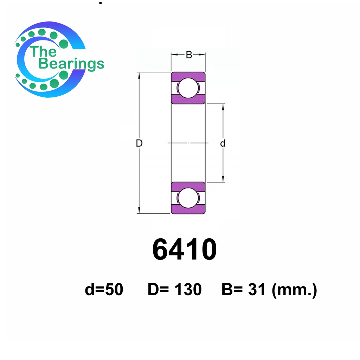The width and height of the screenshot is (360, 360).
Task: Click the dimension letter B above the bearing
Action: click(x=189, y=55)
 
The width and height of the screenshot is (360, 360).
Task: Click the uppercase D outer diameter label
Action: click(x=139, y=143)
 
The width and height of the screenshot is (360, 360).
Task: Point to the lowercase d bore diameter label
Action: click(x=223, y=143)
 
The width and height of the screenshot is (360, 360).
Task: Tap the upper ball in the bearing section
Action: click(x=188, y=88)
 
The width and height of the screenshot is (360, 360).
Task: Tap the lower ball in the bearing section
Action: click(x=188, y=198)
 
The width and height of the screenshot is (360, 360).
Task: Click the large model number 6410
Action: click(x=184, y=249)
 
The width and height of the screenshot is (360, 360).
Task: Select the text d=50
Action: click(x=104, y=289)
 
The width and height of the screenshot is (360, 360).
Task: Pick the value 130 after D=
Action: click(x=188, y=289)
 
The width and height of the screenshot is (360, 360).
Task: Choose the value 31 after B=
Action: click(x=257, y=289)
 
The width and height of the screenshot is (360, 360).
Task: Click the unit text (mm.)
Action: click(x=294, y=290)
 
